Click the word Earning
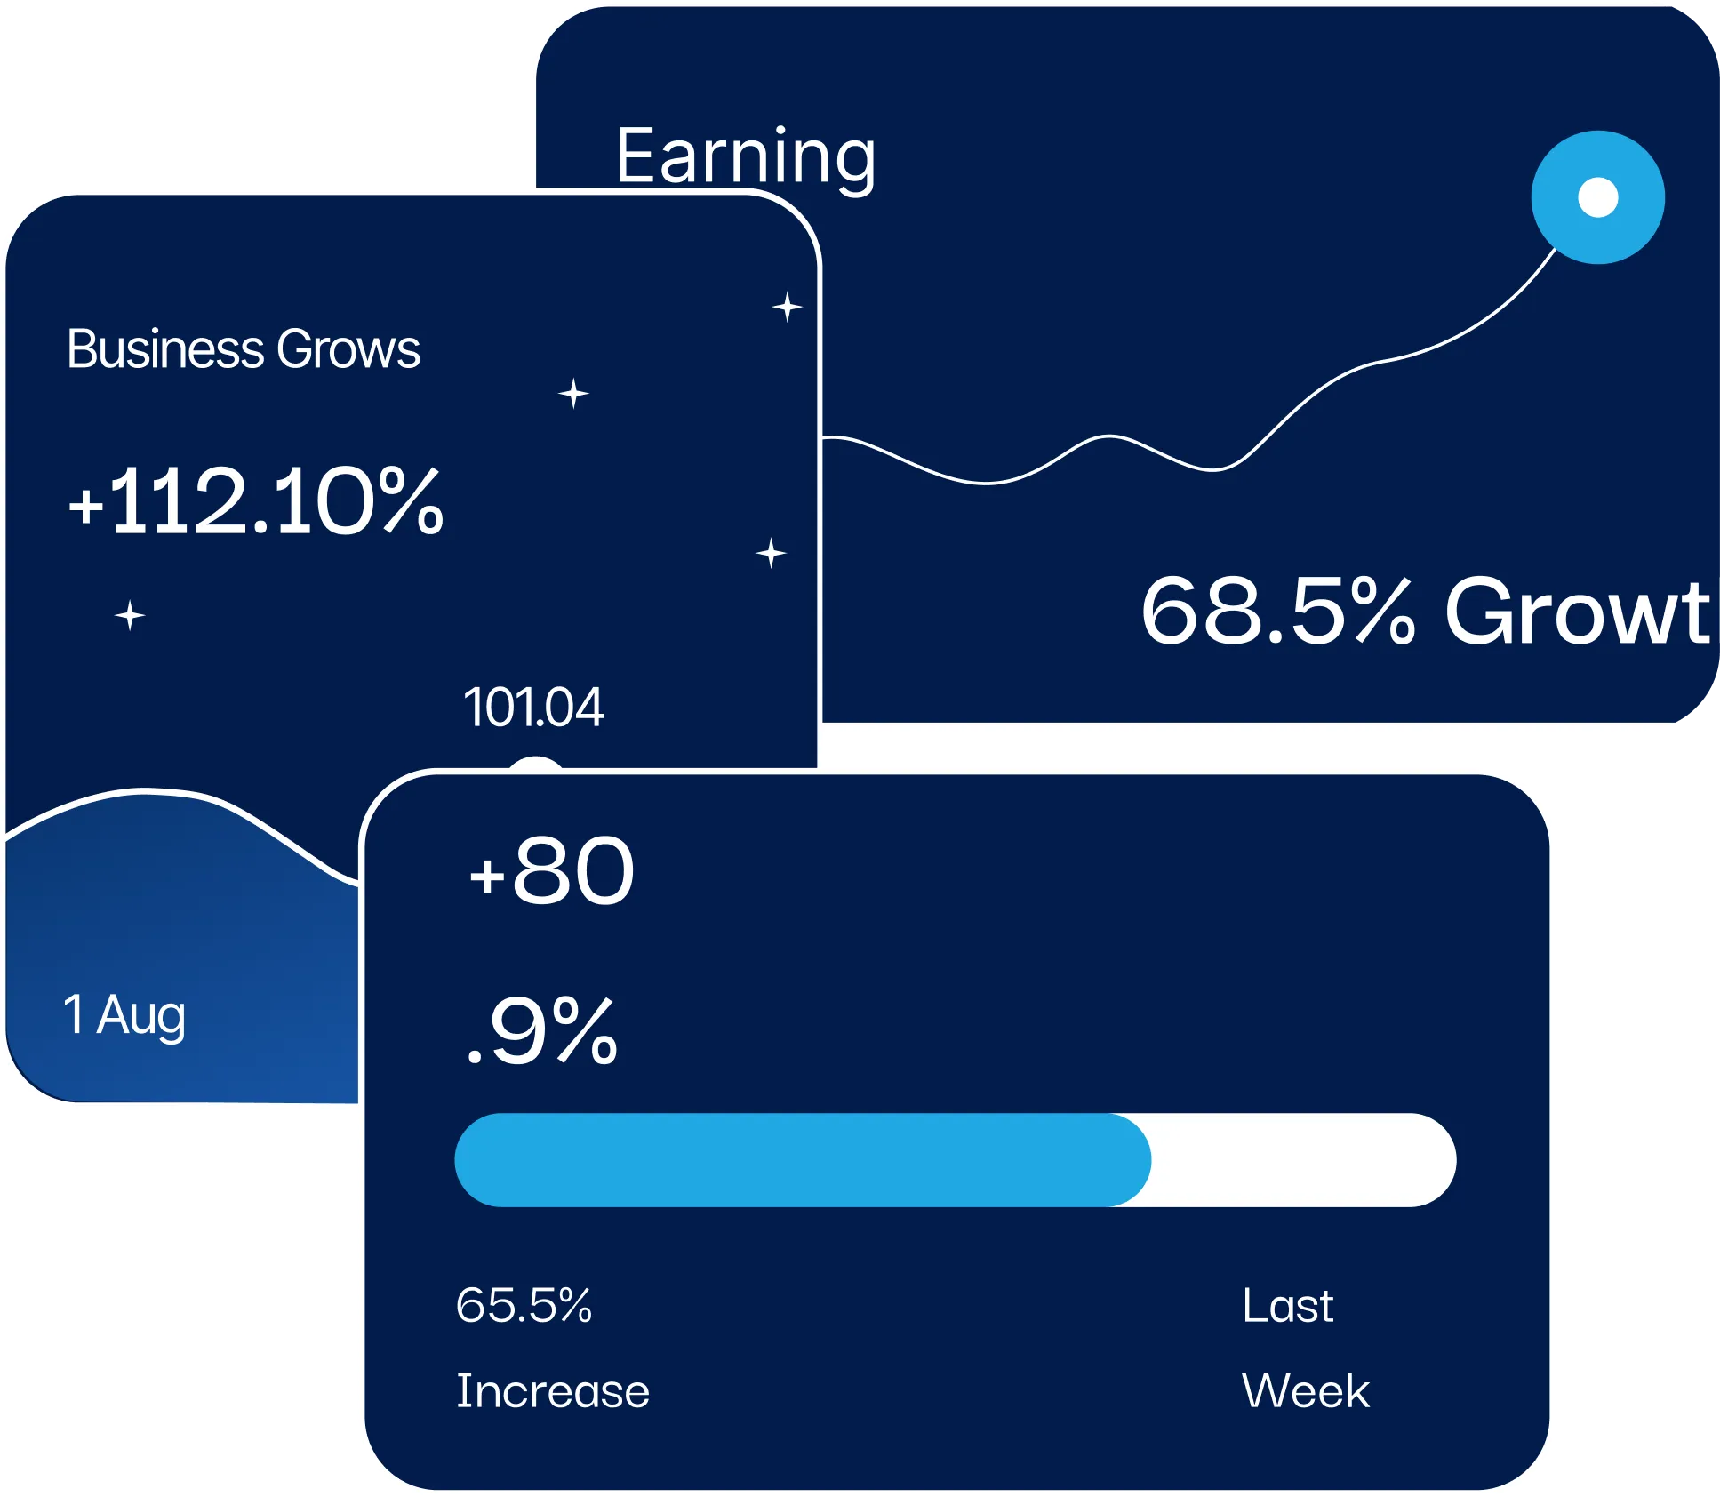point(745,156)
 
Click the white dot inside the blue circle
point(1597,197)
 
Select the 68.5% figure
point(1276,611)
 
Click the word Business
point(165,349)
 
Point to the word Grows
point(348,350)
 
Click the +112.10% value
point(255,503)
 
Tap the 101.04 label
point(533,708)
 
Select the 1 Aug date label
point(124,1015)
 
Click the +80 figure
point(552,872)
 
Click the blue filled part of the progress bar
point(800,1160)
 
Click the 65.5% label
point(524,1306)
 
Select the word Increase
point(552,1391)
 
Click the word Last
point(1287,1306)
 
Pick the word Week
point(1305,1391)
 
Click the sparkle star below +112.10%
point(130,615)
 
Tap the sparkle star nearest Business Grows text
point(573,393)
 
